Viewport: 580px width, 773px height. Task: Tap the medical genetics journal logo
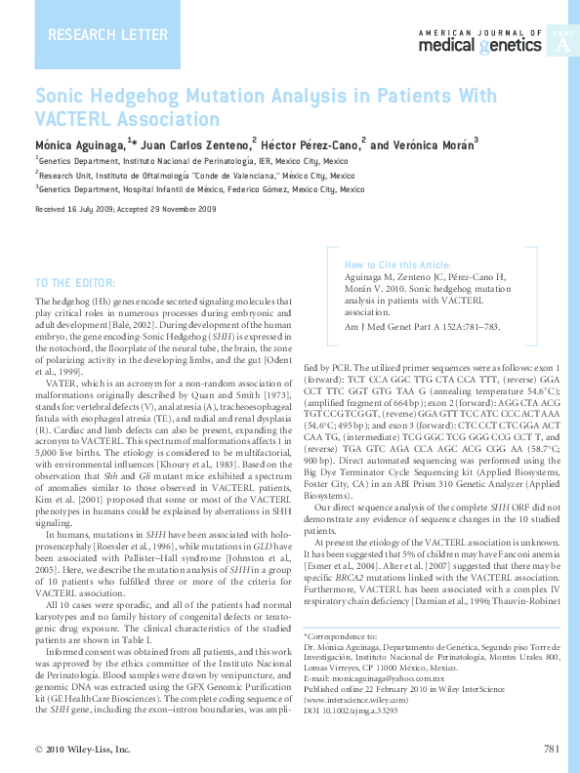click(478, 41)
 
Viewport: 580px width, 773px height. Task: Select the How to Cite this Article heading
click(397, 264)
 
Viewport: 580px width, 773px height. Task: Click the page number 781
click(550, 749)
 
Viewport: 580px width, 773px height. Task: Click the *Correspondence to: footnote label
click(339, 636)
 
